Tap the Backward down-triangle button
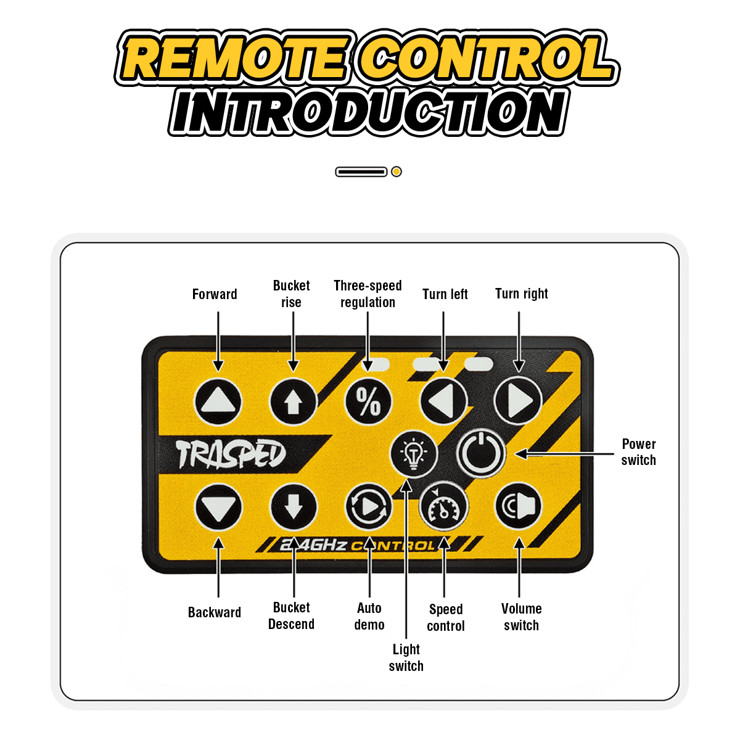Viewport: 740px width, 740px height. (x=218, y=508)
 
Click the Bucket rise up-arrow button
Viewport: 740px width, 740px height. (x=294, y=401)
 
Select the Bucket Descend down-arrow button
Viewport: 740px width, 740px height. (x=294, y=508)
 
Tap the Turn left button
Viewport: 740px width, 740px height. (x=444, y=401)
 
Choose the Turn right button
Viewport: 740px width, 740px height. (x=518, y=401)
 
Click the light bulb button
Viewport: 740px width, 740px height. (x=414, y=454)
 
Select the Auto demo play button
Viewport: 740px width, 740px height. (x=369, y=508)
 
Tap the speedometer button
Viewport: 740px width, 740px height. (x=444, y=508)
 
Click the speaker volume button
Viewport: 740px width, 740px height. (x=518, y=506)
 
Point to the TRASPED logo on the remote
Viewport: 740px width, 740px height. (x=231, y=454)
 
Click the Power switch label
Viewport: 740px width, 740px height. (x=639, y=452)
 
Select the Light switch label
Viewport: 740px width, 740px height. (x=406, y=658)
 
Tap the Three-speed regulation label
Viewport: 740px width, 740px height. (x=368, y=294)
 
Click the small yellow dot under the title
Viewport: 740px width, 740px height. (x=397, y=171)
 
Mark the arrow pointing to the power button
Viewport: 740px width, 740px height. (x=564, y=454)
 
